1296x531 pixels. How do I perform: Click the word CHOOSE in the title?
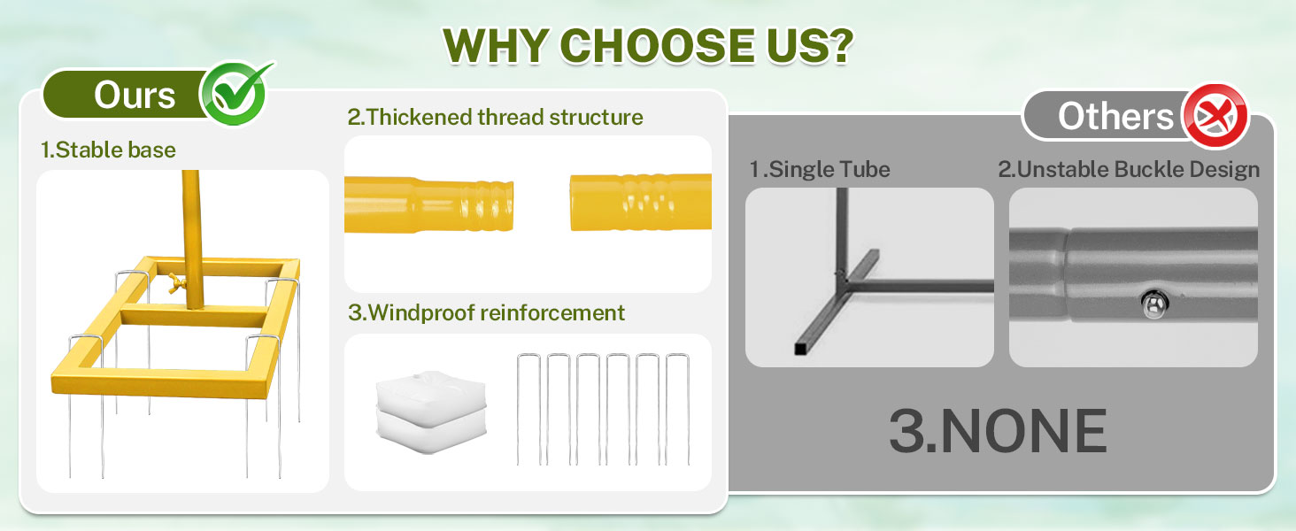(657, 45)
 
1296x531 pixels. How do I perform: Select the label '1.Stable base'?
(108, 150)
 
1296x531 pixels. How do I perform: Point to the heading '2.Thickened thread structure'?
(495, 118)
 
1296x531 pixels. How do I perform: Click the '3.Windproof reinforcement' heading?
(486, 313)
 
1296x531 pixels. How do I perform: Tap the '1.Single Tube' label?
(819, 170)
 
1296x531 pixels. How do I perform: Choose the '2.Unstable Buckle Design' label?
(1129, 170)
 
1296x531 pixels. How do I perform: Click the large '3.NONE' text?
(998, 431)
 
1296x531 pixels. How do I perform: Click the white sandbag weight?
(431, 412)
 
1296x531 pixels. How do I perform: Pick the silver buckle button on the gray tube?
(1154, 304)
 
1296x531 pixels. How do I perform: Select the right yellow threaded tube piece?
(641, 203)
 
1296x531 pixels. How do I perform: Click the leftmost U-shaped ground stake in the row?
(528, 409)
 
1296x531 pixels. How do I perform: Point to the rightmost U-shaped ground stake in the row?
(677, 409)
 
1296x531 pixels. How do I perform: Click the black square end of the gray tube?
(801, 348)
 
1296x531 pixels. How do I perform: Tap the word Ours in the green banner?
(135, 95)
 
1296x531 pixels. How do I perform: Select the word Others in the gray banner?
(1115, 116)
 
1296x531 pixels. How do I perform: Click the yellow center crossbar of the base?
(194, 317)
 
